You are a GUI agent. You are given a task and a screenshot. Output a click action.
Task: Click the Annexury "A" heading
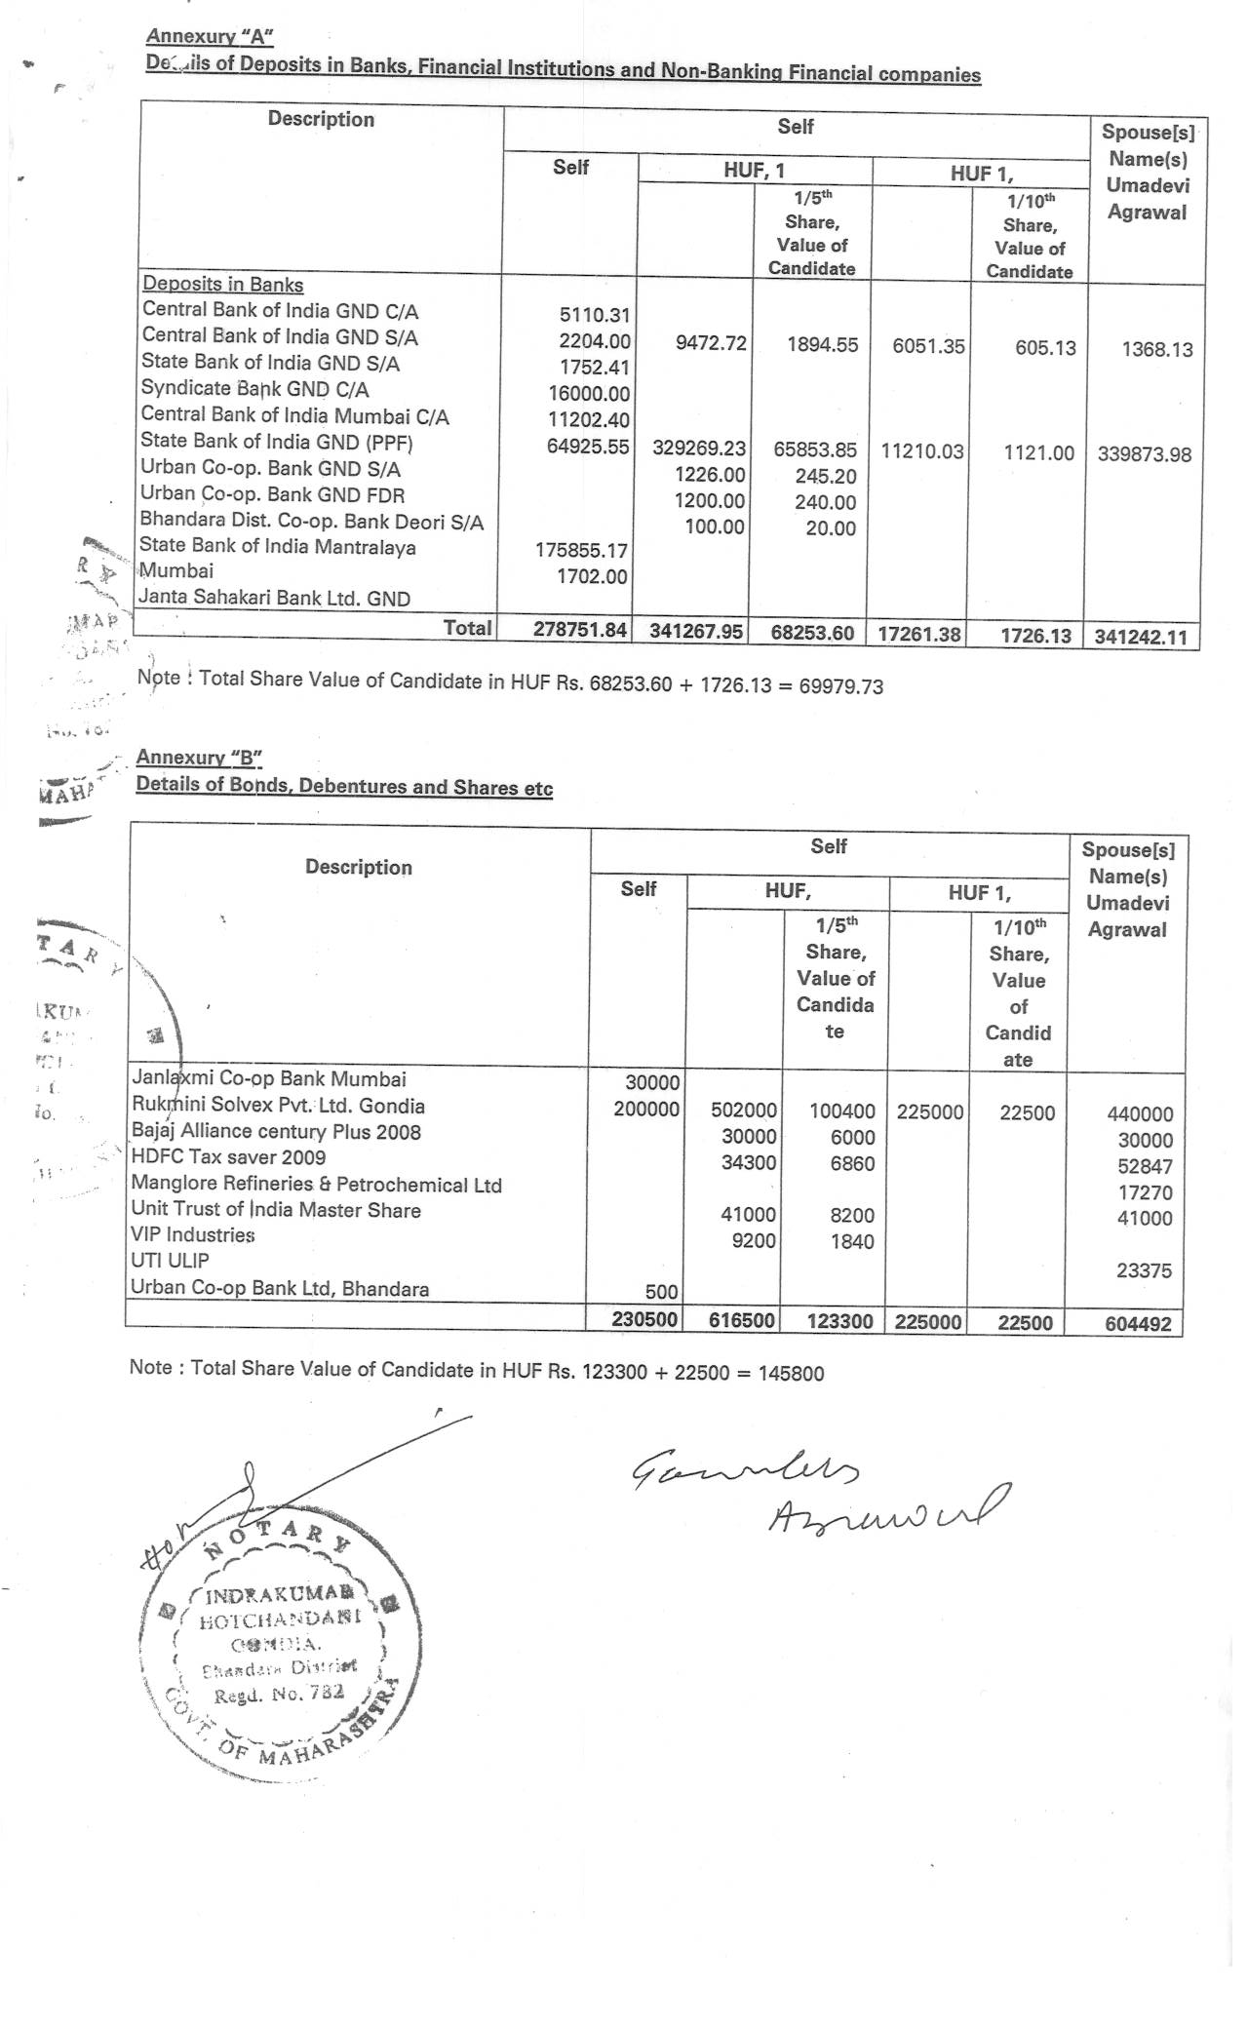210,37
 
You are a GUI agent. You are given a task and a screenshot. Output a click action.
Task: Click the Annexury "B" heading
200,758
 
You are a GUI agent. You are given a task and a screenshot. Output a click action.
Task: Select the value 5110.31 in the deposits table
595,315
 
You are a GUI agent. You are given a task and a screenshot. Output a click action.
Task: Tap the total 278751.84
579,630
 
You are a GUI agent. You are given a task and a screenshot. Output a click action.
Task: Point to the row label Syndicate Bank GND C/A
254,389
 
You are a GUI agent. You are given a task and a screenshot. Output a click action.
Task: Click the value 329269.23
699,448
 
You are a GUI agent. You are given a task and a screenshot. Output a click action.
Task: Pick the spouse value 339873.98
1145,454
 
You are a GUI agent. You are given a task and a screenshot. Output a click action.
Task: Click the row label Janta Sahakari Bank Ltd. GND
274,598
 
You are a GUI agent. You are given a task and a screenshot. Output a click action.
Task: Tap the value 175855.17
582,550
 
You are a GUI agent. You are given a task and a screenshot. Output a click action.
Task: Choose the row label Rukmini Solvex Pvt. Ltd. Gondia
278,1106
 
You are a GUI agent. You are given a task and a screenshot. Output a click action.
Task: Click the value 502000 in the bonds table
744,1111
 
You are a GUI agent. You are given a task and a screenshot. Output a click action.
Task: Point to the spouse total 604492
1139,1324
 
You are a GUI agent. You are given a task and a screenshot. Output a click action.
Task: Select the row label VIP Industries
193,1235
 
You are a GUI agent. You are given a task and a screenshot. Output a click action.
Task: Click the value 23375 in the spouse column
1144,1270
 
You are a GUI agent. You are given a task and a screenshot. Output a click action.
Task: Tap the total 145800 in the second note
791,1374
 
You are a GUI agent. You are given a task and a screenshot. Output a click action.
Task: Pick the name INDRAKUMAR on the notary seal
279,1596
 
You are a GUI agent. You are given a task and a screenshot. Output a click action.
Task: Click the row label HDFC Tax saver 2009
228,1157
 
